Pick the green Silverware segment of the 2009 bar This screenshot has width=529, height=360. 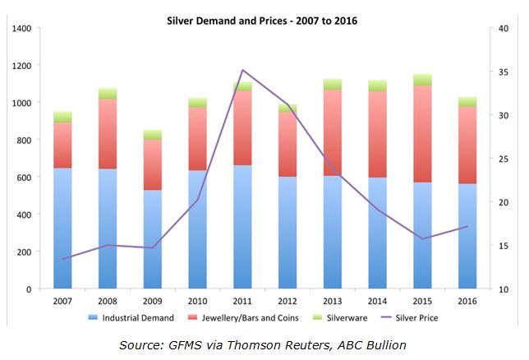click(153, 135)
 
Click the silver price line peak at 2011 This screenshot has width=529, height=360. click(242, 71)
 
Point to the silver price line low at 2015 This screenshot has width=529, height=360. click(421, 238)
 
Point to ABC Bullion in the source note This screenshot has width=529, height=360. click(383, 345)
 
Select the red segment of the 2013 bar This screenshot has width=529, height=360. click(332, 132)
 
